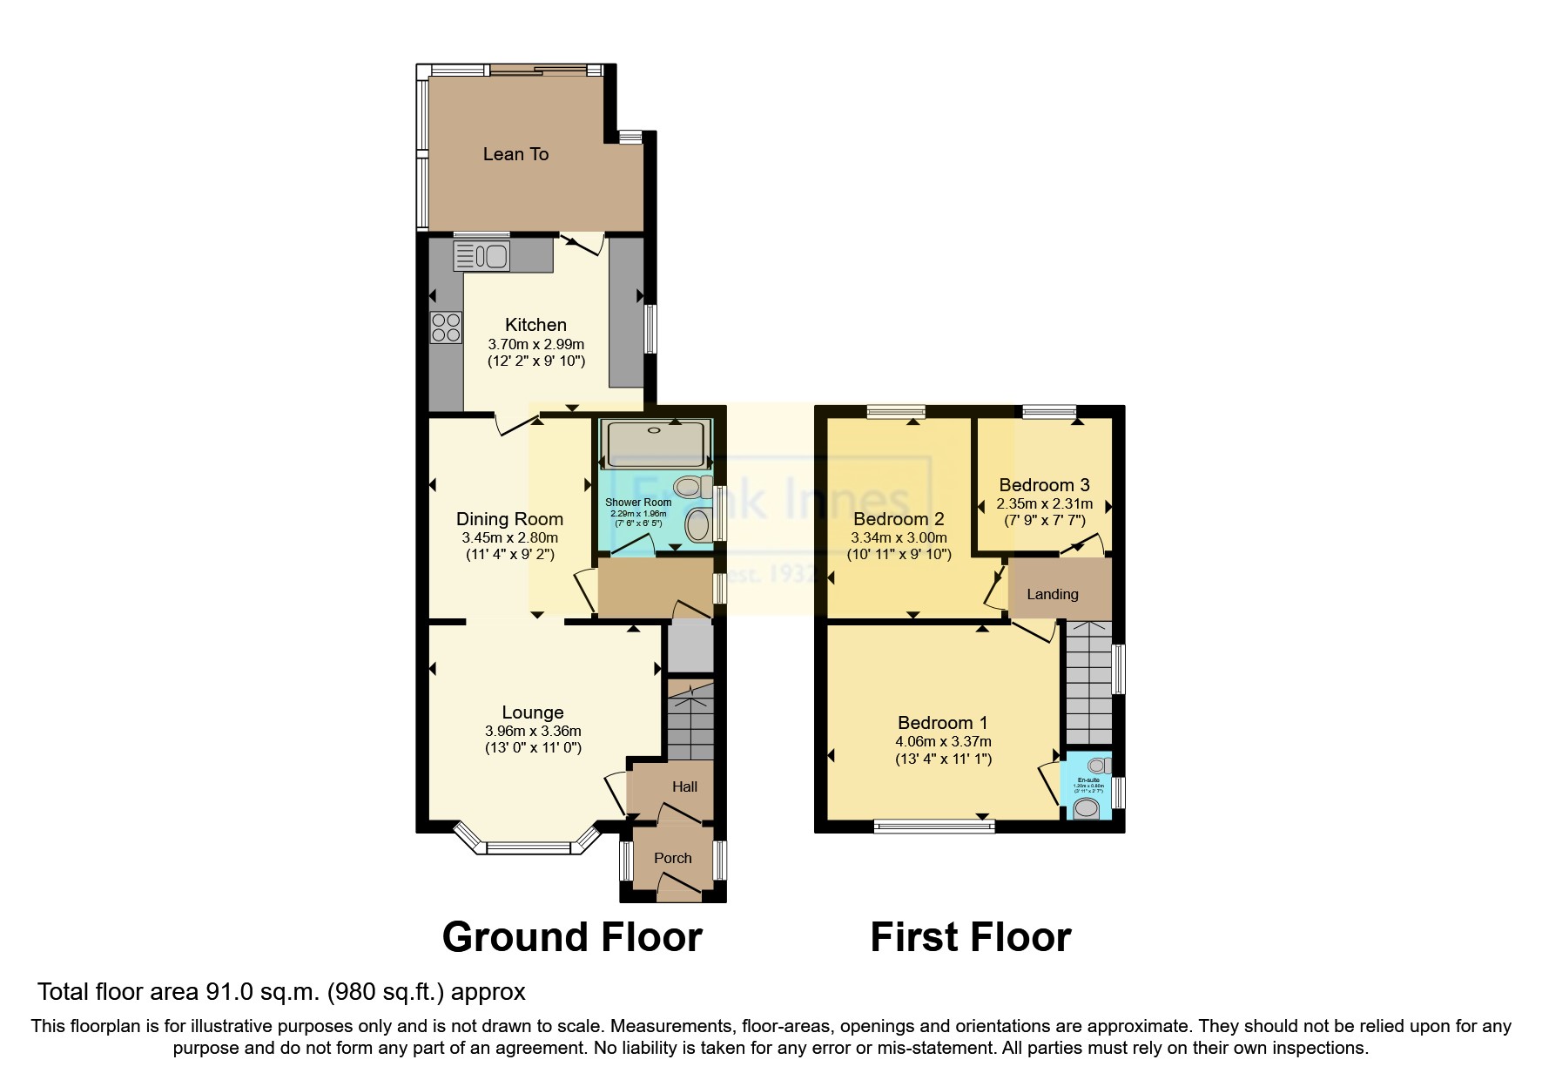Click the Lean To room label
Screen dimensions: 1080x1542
point(515,154)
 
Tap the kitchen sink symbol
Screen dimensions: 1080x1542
point(481,256)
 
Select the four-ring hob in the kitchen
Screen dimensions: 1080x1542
point(447,327)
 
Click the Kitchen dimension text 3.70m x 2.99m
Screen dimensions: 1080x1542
point(535,343)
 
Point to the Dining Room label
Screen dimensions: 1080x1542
point(509,519)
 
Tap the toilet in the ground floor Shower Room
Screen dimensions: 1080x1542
point(694,486)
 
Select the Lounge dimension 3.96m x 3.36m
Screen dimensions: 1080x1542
point(533,731)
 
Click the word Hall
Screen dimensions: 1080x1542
point(684,786)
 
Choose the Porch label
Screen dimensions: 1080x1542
point(672,858)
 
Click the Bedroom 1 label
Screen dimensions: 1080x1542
point(942,722)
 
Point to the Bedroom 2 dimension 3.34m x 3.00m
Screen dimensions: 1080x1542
point(899,537)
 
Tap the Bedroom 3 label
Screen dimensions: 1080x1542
point(1044,485)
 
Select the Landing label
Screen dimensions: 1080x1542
point(1052,594)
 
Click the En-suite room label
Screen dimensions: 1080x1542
point(1088,780)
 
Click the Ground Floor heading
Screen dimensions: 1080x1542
point(572,937)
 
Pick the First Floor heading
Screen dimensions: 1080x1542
point(970,937)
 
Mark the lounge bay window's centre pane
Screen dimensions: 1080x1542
point(529,846)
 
